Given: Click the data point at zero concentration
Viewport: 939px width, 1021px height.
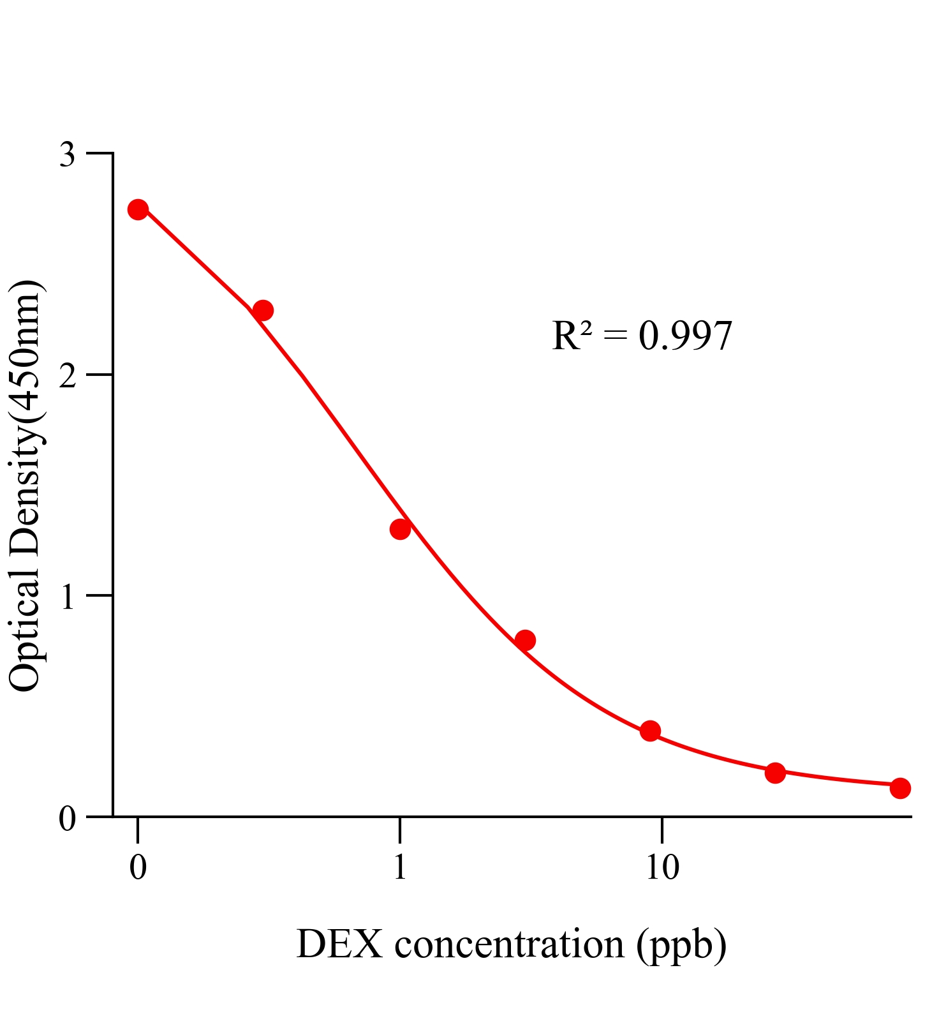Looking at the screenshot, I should click(138, 209).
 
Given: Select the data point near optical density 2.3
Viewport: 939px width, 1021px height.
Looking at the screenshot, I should click(263, 311).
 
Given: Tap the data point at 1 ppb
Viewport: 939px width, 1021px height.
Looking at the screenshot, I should click(400, 529).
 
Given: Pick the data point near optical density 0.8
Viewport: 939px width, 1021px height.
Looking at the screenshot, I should click(525, 640).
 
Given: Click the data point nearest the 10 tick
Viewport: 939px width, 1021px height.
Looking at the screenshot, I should click(650, 731).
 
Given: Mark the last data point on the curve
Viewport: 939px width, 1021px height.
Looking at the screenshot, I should click(900, 788).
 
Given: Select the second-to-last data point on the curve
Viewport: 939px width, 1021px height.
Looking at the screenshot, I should click(775, 773).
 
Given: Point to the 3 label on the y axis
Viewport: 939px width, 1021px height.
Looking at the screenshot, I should click(68, 155).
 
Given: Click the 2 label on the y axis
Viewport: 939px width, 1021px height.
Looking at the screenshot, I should click(68, 376).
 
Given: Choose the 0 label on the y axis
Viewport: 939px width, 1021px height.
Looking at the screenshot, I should click(68, 818).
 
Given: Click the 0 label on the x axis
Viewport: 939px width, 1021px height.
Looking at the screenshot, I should click(138, 868).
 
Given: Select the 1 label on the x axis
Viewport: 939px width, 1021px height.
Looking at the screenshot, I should click(400, 868).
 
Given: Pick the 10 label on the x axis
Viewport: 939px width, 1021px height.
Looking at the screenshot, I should click(662, 868).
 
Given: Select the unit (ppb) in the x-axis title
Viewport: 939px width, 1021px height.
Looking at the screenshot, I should click(681, 946).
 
